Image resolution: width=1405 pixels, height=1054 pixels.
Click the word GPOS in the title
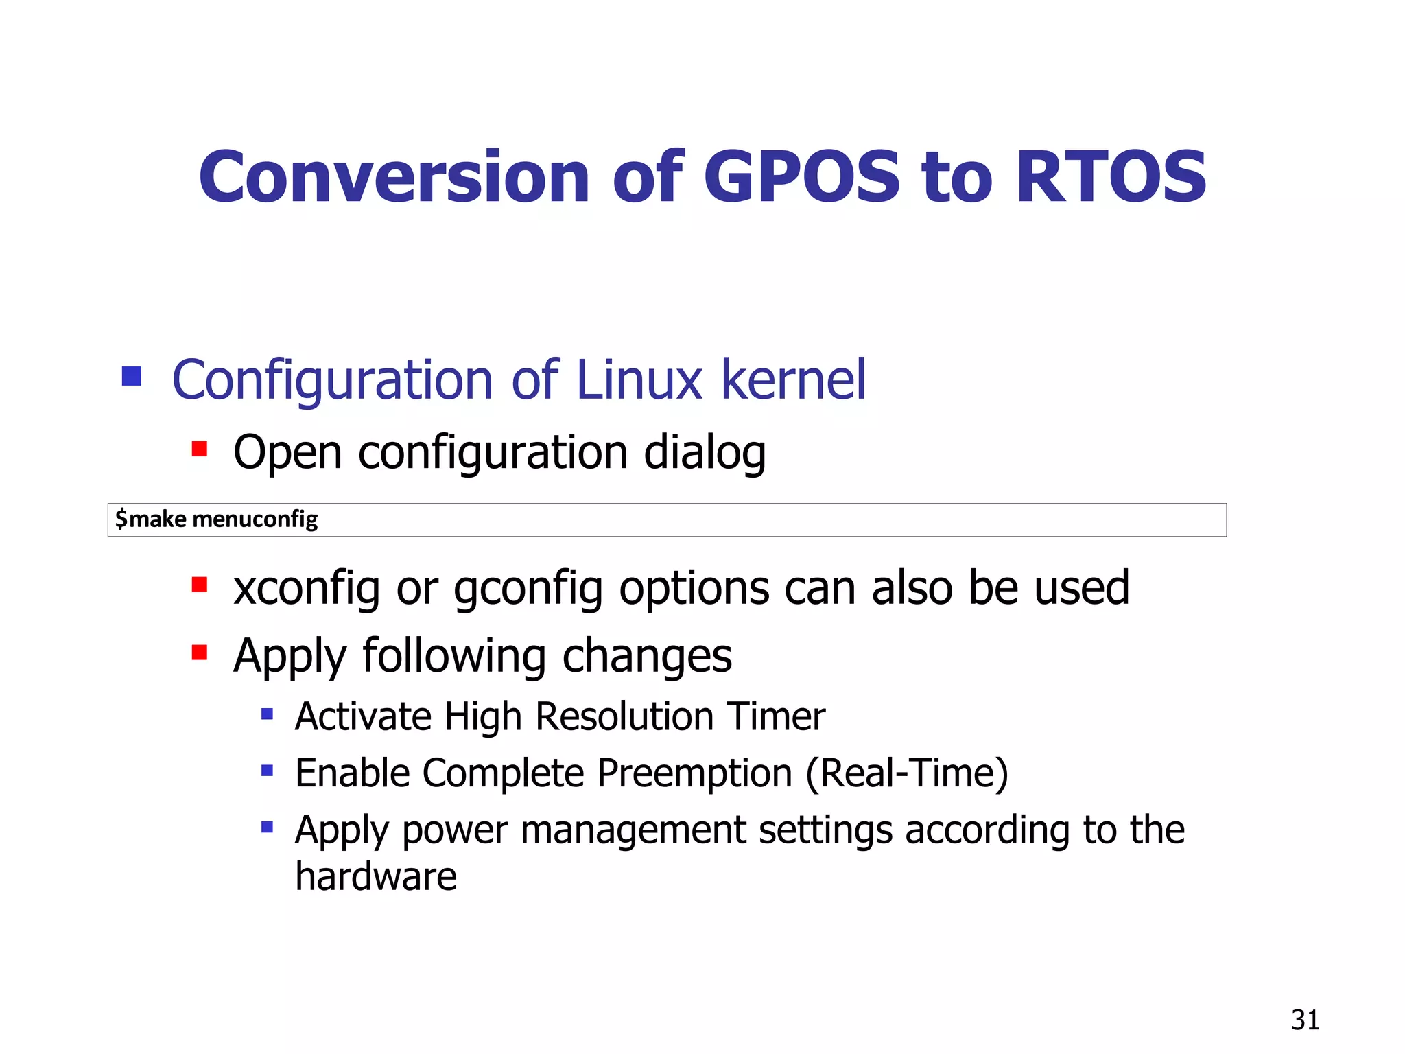point(801,177)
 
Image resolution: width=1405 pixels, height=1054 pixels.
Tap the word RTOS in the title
point(1111,177)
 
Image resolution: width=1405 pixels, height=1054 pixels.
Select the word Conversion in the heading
point(394,177)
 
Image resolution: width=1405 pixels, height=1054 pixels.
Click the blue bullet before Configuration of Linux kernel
point(131,376)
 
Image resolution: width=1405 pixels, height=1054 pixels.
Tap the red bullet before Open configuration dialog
point(200,449)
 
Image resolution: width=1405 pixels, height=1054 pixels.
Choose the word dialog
point(705,453)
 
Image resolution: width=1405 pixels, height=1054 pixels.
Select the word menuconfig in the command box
point(255,519)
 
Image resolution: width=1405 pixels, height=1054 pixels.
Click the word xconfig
point(306,589)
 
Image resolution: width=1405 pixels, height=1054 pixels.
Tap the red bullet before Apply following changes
point(200,652)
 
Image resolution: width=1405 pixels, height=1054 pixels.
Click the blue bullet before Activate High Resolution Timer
point(268,715)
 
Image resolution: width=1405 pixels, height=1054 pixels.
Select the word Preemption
point(694,773)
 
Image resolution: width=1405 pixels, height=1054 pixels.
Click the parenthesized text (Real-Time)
point(907,773)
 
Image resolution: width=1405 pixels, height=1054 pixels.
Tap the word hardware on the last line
point(376,876)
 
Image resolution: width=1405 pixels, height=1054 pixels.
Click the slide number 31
point(1305,1020)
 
